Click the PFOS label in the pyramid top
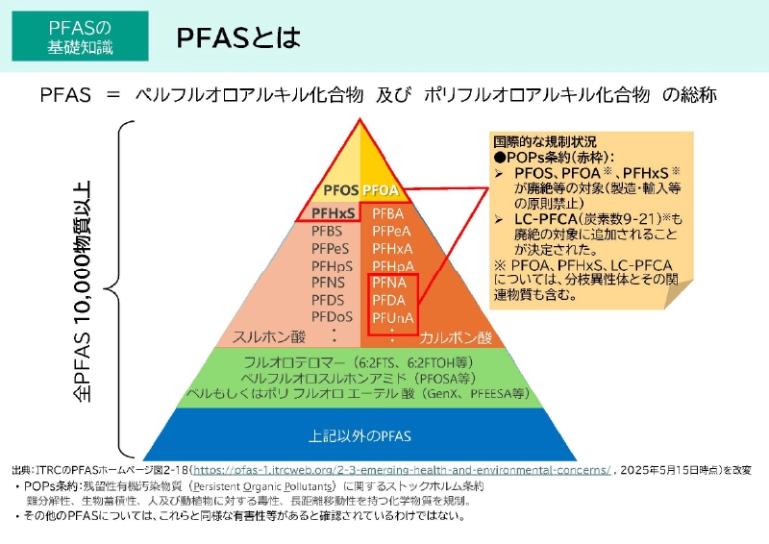point(341,190)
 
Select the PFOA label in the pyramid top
point(380,190)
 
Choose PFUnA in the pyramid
point(392,316)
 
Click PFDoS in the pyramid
point(333,316)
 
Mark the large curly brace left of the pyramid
point(117,288)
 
